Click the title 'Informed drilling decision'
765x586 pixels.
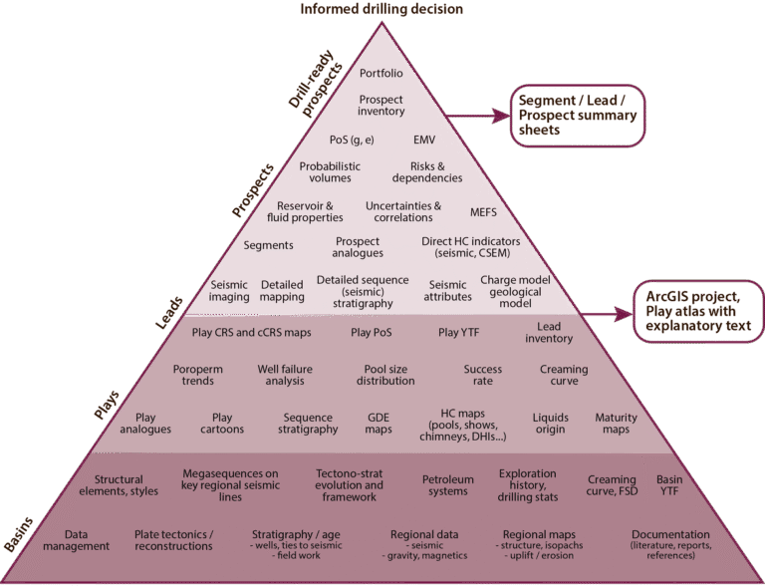coord(382,10)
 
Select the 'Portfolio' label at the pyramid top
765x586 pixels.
coord(382,73)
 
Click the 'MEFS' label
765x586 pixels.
coord(483,211)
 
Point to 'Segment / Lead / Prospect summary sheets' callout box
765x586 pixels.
coord(578,115)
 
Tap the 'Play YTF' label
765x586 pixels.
coord(459,333)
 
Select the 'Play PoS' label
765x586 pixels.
coord(372,333)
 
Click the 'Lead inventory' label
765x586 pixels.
coord(549,333)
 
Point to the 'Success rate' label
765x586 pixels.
coord(483,375)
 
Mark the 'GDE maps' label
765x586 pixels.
coord(379,424)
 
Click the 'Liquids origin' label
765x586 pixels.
coord(551,424)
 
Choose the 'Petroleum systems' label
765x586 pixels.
coord(444,484)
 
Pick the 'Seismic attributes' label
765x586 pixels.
coord(447,290)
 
